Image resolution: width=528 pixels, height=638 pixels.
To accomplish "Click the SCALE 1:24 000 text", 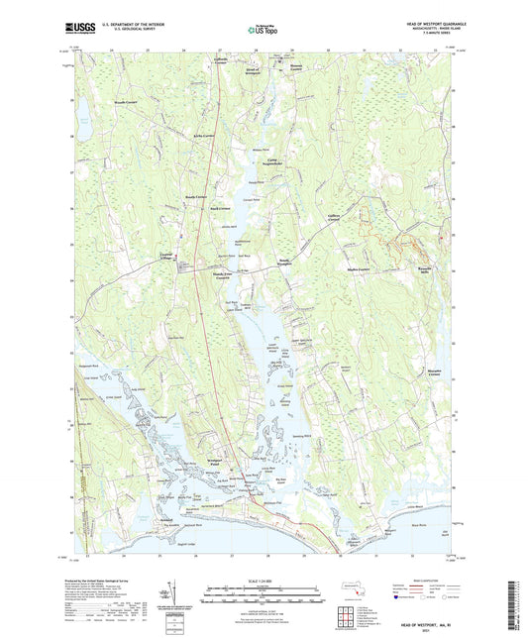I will click(x=264, y=582).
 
